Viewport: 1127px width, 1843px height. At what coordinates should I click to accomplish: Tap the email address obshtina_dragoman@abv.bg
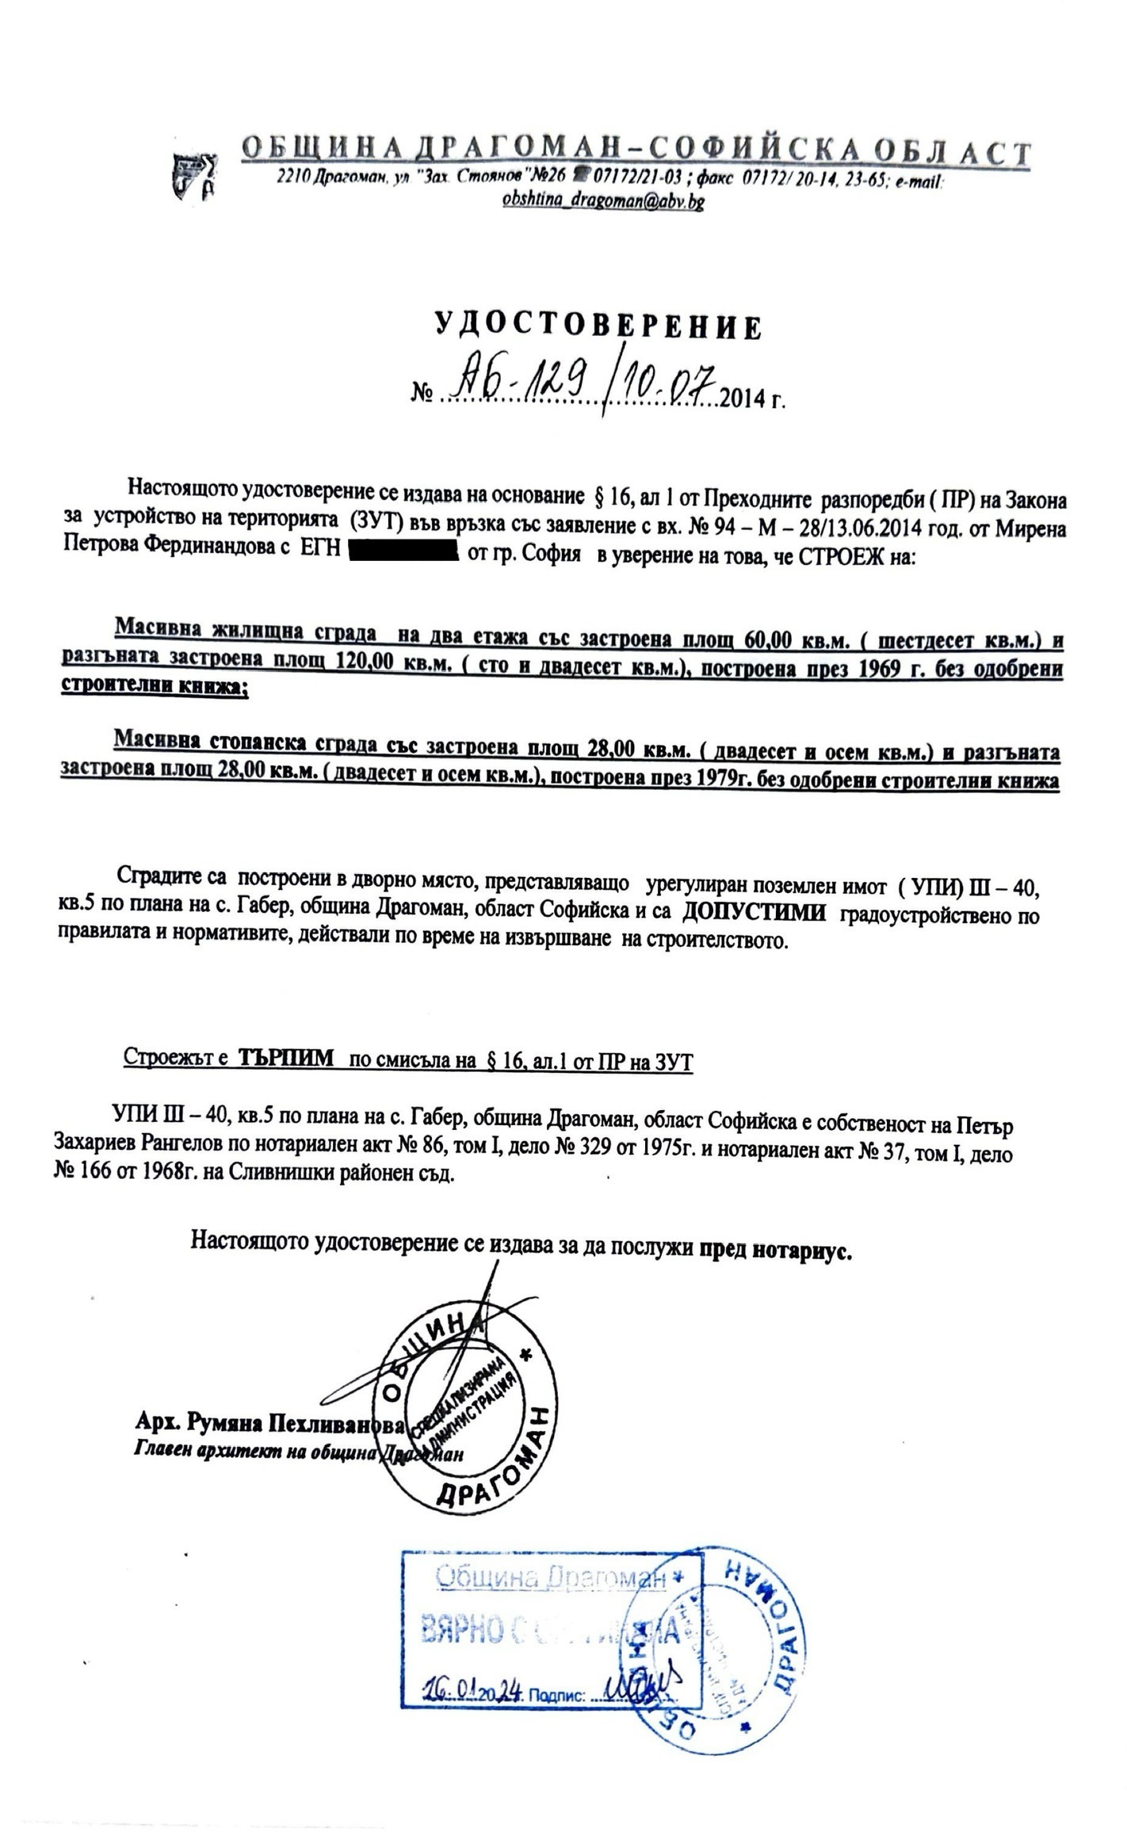pyautogui.click(x=602, y=202)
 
